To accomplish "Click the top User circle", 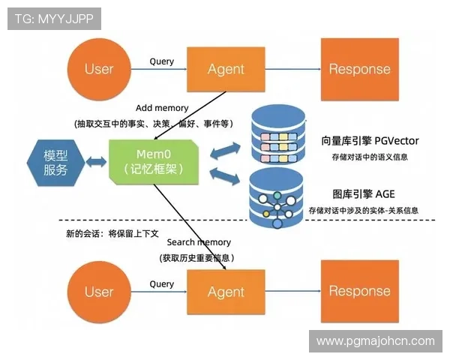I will pyautogui.click(x=99, y=69).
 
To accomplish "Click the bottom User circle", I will pyautogui.click(x=99, y=291).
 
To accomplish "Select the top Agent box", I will pyautogui.click(x=226, y=69).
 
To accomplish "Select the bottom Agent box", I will pyautogui.click(x=226, y=291).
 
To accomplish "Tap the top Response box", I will pyautogui.click(x=359, y=69).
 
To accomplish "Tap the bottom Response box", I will pyautogui.click(x=359, y=291).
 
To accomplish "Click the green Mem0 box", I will pyautogui.click(x=154, y=162).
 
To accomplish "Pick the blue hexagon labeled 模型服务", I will pyautogui.click(x=55, y=162).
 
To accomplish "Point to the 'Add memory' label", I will pyautogui.click(x=163, y=108).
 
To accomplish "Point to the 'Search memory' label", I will pyautogui.click(x=199, y=242).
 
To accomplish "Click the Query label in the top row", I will pyautogui.click(x=161, y=61).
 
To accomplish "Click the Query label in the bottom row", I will pyautogui.click(x=161, y=283).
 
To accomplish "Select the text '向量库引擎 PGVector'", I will pyautogui.click(x=370, y=140).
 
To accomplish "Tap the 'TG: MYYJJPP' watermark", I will pyautogui.click(x=54, y=19).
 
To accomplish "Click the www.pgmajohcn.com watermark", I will pyautogui.click(x=375, y=341).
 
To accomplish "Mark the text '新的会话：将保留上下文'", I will pyautogui.click(x=112, y=233).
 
